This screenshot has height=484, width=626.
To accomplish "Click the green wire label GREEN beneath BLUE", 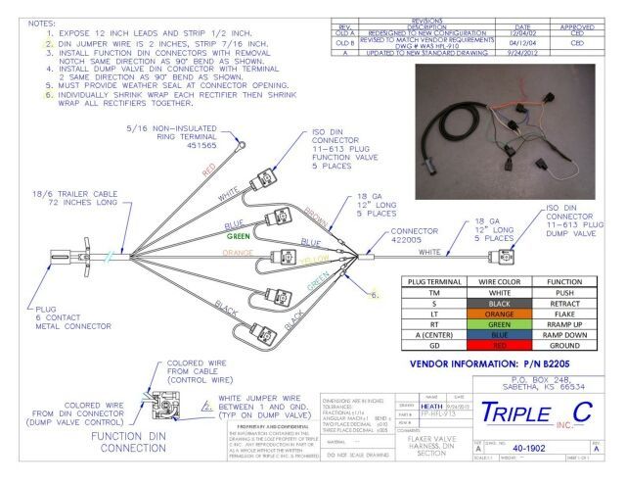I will pyautogui.click(x=242, y=235).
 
